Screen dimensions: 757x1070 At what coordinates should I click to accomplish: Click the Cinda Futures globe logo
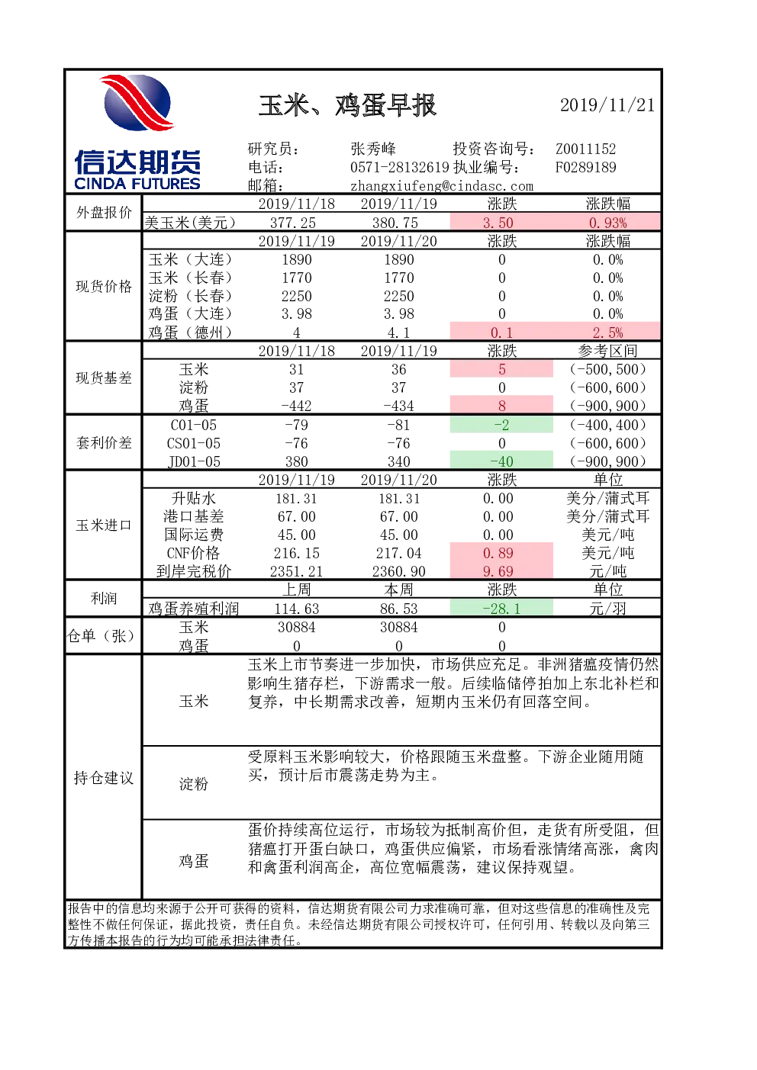tap(137, 102)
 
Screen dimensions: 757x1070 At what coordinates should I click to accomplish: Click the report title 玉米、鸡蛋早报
tap(347, 105)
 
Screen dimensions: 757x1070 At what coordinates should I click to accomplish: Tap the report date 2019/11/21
tap(607, 105)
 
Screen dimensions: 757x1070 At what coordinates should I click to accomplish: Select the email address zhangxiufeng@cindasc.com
tap(442, 186)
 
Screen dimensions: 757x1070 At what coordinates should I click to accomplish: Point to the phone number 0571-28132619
tap(400, 167)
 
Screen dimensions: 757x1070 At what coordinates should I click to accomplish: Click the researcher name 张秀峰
tap(373, 149)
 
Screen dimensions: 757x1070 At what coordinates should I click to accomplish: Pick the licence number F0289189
tap(585, 167)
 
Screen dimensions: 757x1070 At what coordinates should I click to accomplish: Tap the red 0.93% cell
tap(607, 223)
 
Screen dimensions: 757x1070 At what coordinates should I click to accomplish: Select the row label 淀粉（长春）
tap(190, 296)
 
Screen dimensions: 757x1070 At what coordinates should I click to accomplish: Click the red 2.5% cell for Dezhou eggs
tap(607, 332)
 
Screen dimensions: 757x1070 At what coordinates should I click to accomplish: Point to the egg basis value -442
tap(296, 406)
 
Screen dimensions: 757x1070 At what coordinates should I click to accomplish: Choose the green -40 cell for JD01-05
tap(501, 461)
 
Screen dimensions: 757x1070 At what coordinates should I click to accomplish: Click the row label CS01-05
tap(194, 443)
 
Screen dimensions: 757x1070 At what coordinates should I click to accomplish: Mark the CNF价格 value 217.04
tap(398, 553)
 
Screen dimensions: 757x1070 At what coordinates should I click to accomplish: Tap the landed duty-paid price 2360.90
tap(398, 571)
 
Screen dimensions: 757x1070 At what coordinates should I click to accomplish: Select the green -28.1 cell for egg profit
tap(501, 609)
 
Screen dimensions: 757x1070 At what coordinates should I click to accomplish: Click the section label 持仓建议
tap(103, 778)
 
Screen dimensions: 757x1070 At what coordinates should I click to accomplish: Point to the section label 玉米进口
tap(103, 525)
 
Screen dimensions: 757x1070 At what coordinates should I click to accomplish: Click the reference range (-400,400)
tap(607, 425)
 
